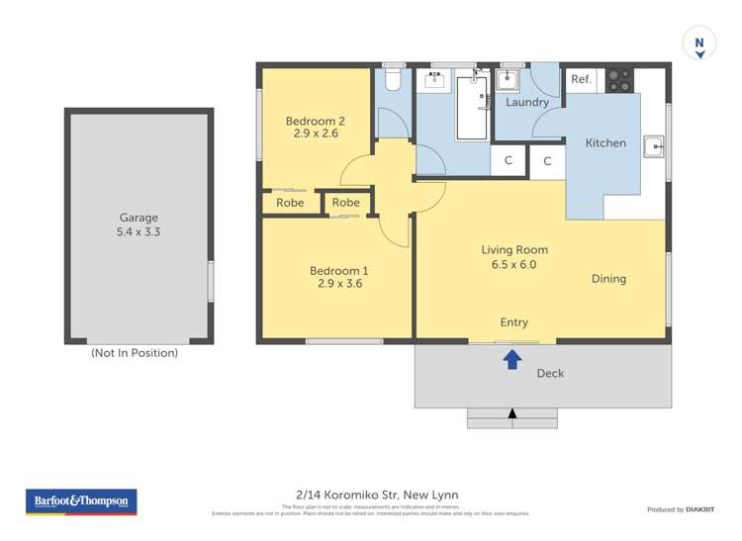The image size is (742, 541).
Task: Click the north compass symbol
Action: coord(699,45)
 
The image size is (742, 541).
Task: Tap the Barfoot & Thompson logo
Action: coord(81,501)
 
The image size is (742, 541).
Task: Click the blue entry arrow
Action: coord(512,359)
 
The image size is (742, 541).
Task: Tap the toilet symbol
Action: coord(392,79)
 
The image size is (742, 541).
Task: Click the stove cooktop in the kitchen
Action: coord(619,80)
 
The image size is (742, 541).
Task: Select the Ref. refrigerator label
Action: coord(581,80)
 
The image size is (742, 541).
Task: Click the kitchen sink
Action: coord(653,147)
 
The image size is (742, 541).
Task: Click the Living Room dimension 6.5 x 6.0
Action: coord(514,264)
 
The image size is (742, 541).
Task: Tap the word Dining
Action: coord(608,279)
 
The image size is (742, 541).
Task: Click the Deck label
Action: coord(550,374)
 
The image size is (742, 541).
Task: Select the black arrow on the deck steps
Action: coord(511,413)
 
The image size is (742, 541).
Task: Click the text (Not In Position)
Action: coord(135,352)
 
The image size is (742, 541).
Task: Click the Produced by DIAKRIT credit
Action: coord(681,509)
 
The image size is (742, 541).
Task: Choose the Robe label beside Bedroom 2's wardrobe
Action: coord(290,203)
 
